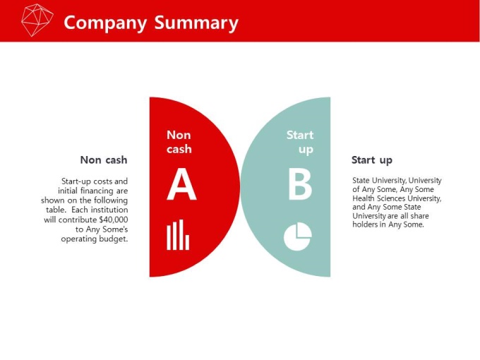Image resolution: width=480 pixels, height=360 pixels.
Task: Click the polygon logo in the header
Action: pos(37,20)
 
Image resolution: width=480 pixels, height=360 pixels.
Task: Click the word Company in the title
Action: pos(105,23)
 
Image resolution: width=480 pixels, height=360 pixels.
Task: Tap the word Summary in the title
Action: pos(196,23)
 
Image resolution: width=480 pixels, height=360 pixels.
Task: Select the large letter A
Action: pos(181,184)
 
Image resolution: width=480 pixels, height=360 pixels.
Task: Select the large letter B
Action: pos(300,184)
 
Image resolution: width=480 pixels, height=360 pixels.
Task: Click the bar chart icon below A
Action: pos(178,234)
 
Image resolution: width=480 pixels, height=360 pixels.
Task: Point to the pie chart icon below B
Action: pos(298,236)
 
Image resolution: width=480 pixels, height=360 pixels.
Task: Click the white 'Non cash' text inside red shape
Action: pos(179,142)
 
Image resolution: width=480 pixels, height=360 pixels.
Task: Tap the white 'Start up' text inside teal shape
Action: pos(300,143)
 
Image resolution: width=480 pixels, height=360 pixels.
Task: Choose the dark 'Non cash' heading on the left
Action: pos(104,160)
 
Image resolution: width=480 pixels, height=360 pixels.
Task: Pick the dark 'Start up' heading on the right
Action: pos(371,160)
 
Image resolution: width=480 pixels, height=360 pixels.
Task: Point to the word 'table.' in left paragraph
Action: pos(56,210)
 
